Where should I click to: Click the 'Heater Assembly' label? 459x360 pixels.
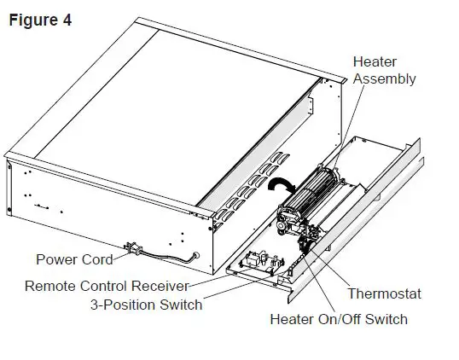click(384, 71)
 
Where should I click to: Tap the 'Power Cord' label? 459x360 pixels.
click(75, 259)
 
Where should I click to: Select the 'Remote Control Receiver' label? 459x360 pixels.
click(106, 287)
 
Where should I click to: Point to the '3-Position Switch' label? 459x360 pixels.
click(146, 305)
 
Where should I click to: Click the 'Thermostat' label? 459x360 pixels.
click(384, 294)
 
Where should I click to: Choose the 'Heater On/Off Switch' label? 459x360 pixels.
click(338, 320)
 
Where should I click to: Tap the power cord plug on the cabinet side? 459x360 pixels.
click(131, 248)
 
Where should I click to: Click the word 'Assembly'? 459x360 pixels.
click(384, 79)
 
